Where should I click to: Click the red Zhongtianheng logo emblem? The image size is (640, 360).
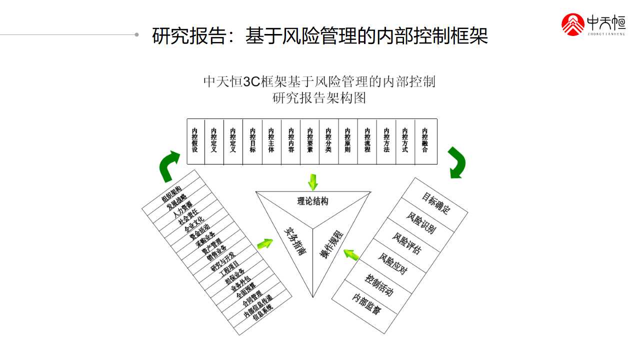click(573, 24)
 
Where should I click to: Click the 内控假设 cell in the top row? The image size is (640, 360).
click(195, 141)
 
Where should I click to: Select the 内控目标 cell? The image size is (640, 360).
click(252, 141)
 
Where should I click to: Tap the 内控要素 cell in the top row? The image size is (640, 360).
click(310, 141)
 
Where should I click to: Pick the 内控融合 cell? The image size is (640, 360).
click(425, 141)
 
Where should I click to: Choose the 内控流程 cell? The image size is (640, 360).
click(367, 141)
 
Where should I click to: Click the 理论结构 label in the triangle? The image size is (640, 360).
click(313, 201)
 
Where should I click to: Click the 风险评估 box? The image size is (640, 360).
click(406, 243)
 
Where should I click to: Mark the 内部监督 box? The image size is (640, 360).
click(366, 303)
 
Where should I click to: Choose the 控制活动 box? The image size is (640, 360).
click(379, 284)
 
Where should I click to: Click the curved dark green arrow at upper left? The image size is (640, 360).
click(169, 166)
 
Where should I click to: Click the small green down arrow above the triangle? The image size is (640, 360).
click(313, 181)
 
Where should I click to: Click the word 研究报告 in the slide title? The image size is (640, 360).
click(189, 36)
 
